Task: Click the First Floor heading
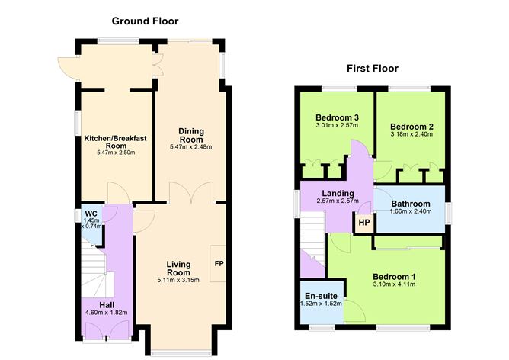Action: click(x=372, y=69)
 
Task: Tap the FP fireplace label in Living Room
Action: click(x=219, y=264)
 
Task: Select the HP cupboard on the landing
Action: click(x=363, y=223)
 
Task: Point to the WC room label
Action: click(x=91, y=213)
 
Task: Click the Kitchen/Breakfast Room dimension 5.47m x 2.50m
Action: click(x=115, y=153)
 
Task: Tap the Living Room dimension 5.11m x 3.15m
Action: click(x=178, y=280)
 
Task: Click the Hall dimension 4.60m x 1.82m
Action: click(x=106, y=311)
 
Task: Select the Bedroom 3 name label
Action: click(x=338, y=117)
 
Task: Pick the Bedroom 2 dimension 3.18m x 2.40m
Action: click(x=411, y=134)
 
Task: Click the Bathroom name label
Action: click(x=411, y=204)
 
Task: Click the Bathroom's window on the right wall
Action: click(x=447, y=208)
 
